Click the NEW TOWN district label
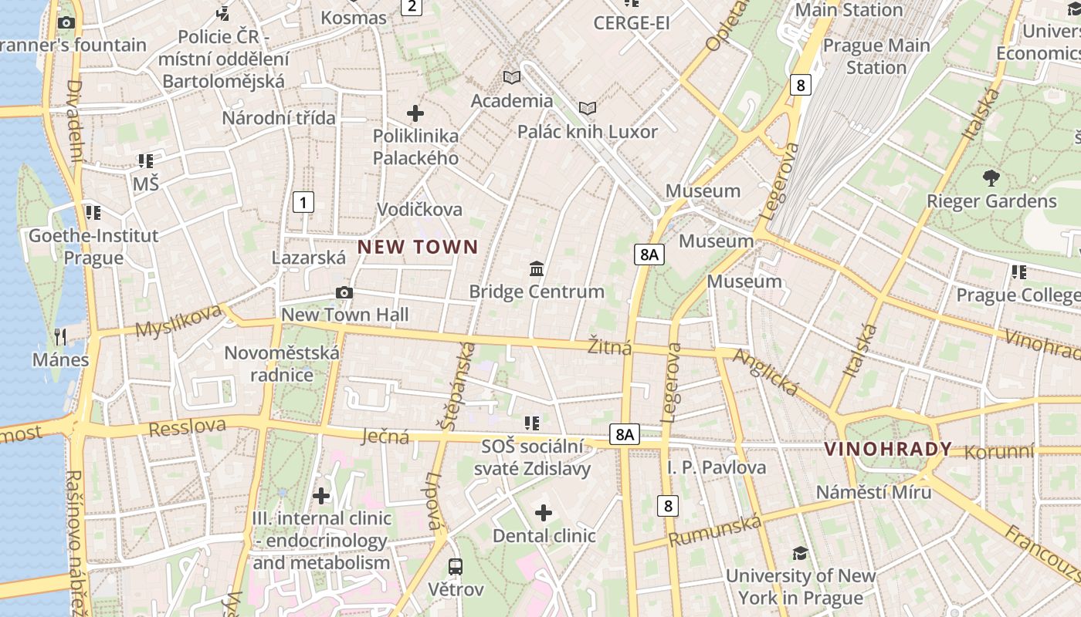pyautogui.click(x=418, y=248)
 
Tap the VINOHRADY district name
pyautogui.click(x=888, y=450)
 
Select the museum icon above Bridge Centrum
pyautogui.click(x=537, y=268)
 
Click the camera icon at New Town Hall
pyautogui.click(x=344, y=292)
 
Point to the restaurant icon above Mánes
pyautogui.click(x=60, y=336)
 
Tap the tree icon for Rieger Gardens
pyautogui.click(x=991, y=178)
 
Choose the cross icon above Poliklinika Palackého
pyautogui.click(x=415, y=113)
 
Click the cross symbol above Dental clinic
pyautogui.click(x=544, y=513)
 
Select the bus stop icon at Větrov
pyautogui.click(x=456, y=567)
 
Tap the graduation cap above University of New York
pyautogui.click(x=800, y=553)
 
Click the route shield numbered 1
pyautogui.click(x=304, y=203)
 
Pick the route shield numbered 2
pyautogui.click(x=412, y=7)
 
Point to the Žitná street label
pyautogui.click(x=610, y=346)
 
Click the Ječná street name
pyautogui.click(x=385, y=437)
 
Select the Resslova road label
pyautogui.click(x=187, y=427)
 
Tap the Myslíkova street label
pyautogui.click(x=178, y=320)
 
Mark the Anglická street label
pyautogui.click(x=765, y=372)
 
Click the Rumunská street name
pyautogui.click(x=715, y=531)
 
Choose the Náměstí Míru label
pyautogui.click(x=874, y=491)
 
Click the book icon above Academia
pyautogui.click(x=512, y=77)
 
